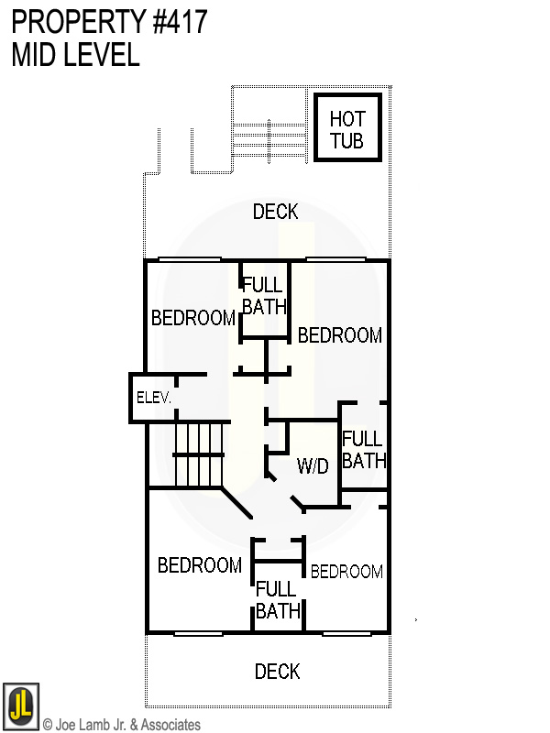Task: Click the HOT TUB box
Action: coord(347,128)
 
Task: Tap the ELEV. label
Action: coord(153,398)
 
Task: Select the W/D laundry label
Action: coord(313,466)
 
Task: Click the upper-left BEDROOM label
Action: coord(192,318)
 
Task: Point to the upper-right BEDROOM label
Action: coord(339,335)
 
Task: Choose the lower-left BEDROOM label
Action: coord(199,565)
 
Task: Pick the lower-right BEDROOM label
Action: coord(346,572)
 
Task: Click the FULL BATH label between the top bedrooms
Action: coord(264,297)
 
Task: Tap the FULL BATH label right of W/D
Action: coord(363,450)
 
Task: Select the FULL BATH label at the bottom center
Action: coord(278,600)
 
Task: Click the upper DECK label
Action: coord(275,213)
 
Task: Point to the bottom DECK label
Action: coord(277,673)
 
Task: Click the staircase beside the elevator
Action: coord(199,454)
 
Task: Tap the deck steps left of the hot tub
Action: coord(268,138)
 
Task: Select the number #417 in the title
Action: coord(178,21)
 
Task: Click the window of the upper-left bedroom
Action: coord(190,260)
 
